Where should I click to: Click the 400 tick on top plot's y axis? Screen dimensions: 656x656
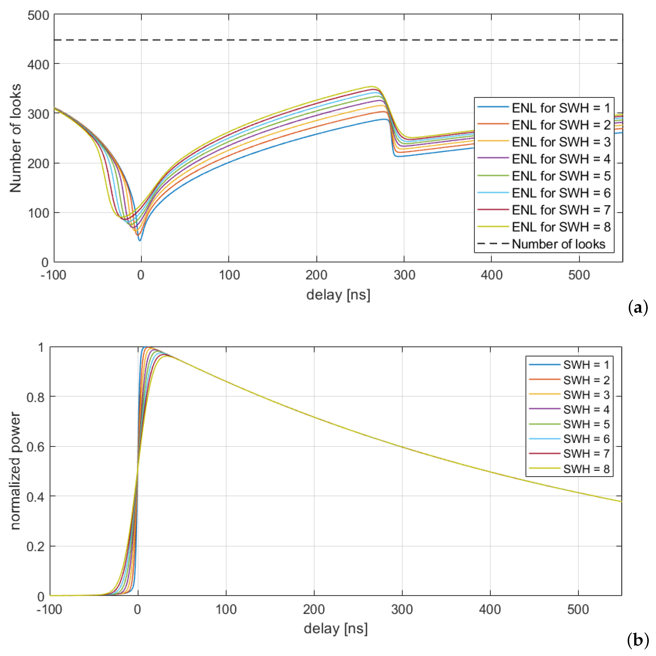coord(38,64)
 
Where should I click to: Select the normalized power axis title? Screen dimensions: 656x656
coord(15,471)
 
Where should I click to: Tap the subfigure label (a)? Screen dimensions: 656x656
coord(638,308)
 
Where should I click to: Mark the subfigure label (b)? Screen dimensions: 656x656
coord(638,640)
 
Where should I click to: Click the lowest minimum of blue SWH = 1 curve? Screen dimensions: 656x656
coord(140,240)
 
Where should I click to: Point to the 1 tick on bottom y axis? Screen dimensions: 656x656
coord(41,347)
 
